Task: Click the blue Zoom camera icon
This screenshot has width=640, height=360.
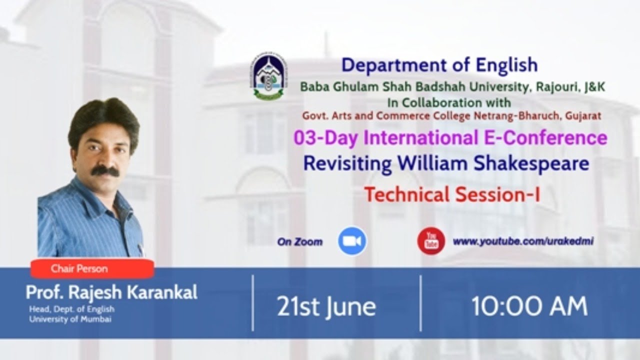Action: (x=352, y=241)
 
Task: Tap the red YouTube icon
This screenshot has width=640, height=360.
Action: (x=431, y=241)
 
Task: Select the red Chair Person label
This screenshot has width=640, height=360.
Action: (x=92, y=268)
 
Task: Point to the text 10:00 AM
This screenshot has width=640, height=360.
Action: (x=529, y=306)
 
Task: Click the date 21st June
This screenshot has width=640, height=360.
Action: (x=326, y=306)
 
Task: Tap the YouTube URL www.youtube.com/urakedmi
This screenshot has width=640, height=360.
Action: (x=523, y=241)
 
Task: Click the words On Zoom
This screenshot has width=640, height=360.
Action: (x=299, y=242)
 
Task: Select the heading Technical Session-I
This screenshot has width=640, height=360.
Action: (x=452, y=194)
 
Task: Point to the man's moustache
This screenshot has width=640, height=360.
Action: (x=105, y=171)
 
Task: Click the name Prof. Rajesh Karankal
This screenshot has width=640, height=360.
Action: (x=111, y=292)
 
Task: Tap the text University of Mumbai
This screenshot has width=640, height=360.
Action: (x=70, y=319)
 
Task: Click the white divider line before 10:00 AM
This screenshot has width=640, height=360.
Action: (x=420, y=303)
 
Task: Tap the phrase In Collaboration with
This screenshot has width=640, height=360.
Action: (x=449, y=102)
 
